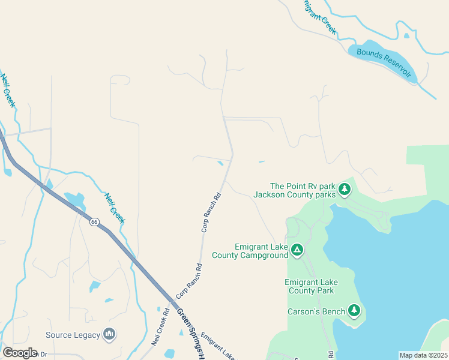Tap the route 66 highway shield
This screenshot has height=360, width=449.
(x=94, y=222)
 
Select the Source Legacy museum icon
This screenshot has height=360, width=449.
(x=109, y=334)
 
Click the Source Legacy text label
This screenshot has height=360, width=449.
(x=72, y=334)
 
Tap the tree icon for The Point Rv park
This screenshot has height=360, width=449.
(x=344, y=190)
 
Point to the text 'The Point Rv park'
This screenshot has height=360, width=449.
(x=302, y=186)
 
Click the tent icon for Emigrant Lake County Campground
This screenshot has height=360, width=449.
(x=297, y=250)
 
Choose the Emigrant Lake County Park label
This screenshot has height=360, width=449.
(x=311, y=286)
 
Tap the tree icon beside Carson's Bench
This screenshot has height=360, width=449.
(x=354, y=310)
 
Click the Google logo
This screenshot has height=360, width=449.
(x=20, y=353)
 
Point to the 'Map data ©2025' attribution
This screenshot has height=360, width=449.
(x=423, y=355)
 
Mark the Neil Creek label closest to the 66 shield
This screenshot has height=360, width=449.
(x=113, y=208)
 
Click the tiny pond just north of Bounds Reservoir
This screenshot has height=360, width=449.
(x=406, y=35)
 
